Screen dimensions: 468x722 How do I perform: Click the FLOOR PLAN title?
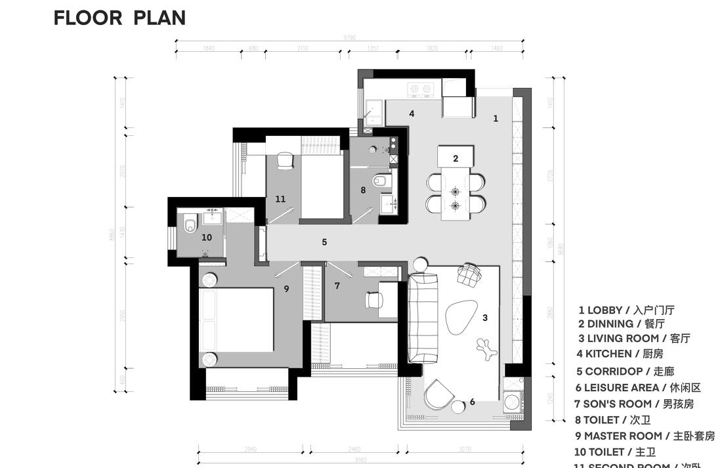coord(119,18)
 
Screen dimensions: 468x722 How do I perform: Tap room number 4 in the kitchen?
coord(412,114)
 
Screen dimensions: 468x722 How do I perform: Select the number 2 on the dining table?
coord(456,158)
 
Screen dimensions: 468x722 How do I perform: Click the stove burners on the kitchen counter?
coord(420,88)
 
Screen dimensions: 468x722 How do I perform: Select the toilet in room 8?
coord(381,180)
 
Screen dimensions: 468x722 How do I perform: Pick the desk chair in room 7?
coord(374,299)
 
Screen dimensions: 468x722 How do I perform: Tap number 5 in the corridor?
coord(324,242)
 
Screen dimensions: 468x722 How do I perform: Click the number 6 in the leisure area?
coord(472,402)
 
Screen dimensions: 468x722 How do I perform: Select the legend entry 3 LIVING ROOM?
coord(634,339)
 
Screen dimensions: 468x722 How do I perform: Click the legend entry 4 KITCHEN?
coord(620,354)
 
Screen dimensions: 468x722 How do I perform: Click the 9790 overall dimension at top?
coord(349,38)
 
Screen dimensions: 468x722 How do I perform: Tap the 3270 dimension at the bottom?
coord(465,450)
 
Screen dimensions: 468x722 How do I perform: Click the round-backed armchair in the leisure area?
coord(437,394)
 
